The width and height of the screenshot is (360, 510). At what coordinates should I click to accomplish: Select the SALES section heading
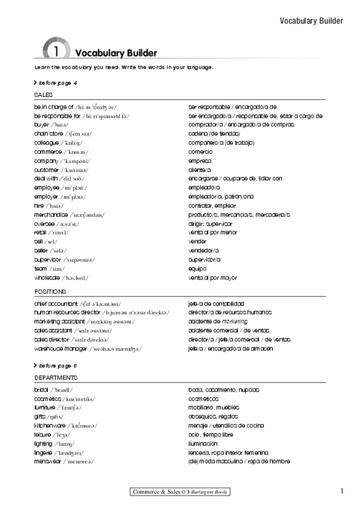[44, 95]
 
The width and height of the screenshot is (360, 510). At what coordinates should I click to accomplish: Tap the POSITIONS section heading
[50, 292]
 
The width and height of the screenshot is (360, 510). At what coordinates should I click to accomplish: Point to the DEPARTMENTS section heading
[56, 378]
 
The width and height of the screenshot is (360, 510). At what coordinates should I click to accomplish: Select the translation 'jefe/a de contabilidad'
[216, 304]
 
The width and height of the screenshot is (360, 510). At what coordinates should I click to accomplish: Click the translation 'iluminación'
[203, 443]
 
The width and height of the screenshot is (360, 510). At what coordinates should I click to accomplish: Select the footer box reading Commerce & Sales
[180, 493]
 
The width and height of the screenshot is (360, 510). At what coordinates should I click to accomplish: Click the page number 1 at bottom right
[341, 491]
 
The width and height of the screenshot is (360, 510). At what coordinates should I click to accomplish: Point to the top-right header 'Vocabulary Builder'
[311, 20]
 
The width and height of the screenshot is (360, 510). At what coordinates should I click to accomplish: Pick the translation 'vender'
[197, 242]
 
